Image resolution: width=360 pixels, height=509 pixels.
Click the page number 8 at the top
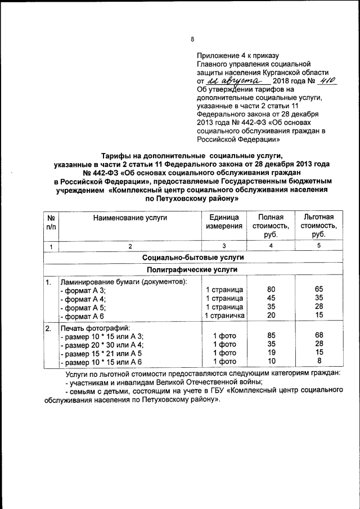click(192, 39)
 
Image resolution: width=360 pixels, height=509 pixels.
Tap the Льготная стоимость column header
click(318, 226)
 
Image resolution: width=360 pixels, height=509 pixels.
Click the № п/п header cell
click(51, 222)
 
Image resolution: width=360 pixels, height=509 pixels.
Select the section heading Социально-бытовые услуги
click(192, 257)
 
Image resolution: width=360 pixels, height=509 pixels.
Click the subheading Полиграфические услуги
click(192, 270)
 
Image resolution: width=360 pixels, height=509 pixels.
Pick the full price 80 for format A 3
click(271, 290)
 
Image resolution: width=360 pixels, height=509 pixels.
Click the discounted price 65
click(318, 290)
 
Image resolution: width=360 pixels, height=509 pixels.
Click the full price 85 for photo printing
click(271, 336)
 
